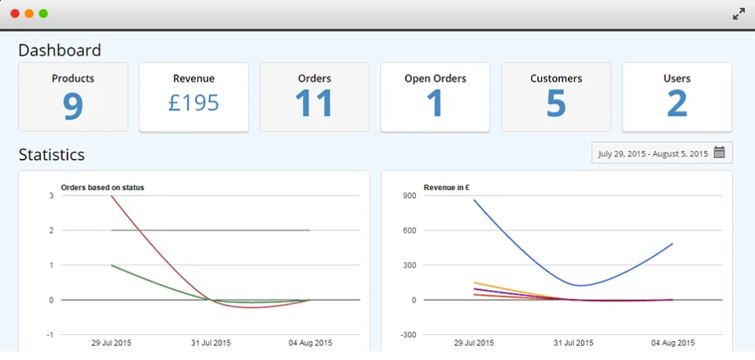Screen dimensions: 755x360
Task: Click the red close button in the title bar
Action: tap(15, 13)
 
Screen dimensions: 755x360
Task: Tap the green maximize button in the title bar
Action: tap(43, 13)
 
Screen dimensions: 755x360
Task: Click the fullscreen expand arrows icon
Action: tap(738, 14)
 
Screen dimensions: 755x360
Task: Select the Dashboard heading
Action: tap(60, 50)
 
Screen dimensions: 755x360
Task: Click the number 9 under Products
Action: tap(73, 105)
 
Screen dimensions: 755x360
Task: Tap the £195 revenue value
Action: tap(193, 102)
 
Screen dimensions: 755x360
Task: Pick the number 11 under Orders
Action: tap(314, 103)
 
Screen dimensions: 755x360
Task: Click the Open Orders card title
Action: tap(435, 79)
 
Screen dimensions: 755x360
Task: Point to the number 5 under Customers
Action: tap(556, 103)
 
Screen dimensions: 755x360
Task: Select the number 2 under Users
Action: tap(677, 103)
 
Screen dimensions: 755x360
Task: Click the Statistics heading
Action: tap(52, 155)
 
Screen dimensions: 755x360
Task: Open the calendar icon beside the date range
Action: tap(720, 152)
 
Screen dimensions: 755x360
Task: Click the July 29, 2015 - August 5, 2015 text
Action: tap(653, 154)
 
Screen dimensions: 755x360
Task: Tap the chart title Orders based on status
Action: tap(102, 188)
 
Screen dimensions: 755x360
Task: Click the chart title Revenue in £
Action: tap(447, 188)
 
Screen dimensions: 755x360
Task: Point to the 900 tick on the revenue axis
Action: tap(410, 196)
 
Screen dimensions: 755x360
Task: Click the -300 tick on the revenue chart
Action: tap(408, 335)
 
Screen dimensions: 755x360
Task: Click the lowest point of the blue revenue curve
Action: tap(582, 285)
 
